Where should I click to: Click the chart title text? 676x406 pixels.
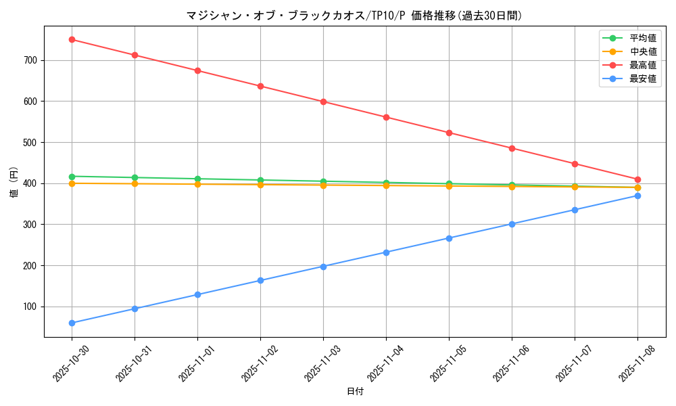pos(354,16)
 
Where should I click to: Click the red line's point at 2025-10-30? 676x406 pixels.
pos(72,39)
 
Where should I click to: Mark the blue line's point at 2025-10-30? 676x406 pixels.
pos(72,323)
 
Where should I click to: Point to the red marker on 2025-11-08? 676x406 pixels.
pos(637,179)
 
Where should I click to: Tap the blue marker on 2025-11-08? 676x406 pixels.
pos(637,196)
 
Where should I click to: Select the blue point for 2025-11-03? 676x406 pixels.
pos(323,267)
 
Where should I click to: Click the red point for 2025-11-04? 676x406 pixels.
pos(386,117)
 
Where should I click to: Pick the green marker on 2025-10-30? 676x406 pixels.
pos(72,177)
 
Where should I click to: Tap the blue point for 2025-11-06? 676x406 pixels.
pos(512,224)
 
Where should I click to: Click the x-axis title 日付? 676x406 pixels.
pos(355,392)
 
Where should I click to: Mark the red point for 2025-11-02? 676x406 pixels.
pos(260,86)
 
